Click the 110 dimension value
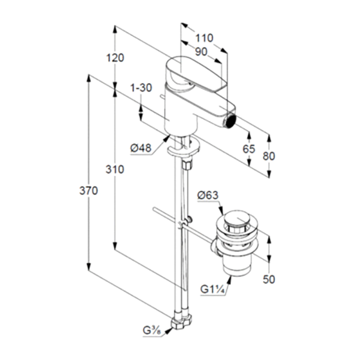(204, 38)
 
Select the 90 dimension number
(201, 52)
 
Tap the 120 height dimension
(115, 58)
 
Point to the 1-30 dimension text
(141, 88)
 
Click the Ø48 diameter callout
(141, 148)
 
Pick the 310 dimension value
(115, 170)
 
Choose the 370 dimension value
(89, 191)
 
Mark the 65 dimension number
(249, 149)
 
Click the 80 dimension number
(269, 156)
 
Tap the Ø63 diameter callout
(208, 195)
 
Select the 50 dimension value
(269, 279)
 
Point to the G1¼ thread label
(212, 289)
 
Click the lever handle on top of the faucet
(198, 72)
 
